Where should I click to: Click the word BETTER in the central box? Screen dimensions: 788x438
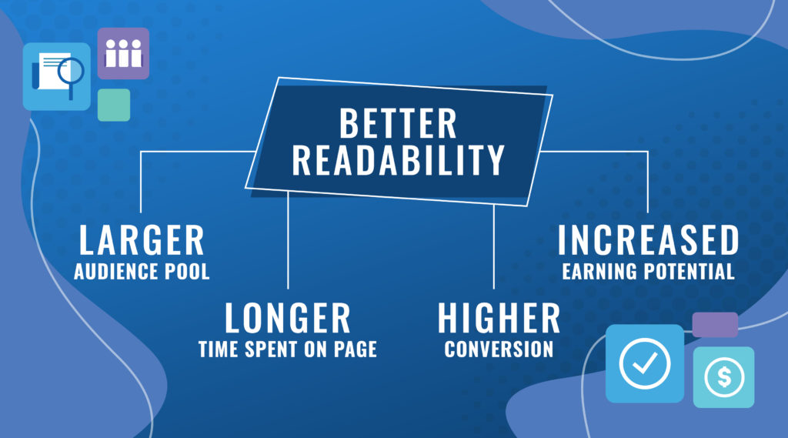[x=398, y=123]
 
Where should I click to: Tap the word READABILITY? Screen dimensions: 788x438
[x=398, y=160]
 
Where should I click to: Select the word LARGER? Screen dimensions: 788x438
[x=142, y=240]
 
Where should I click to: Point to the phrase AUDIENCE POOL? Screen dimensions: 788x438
[x=142, y=272]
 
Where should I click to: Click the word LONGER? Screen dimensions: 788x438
[x=288, y=318]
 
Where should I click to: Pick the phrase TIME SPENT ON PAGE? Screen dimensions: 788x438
[x=288, y=349]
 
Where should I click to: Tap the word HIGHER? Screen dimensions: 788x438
[x=499, y=318]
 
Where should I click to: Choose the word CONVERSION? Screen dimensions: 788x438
[x=499, y=349]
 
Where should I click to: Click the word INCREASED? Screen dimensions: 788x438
[x=648, y=240]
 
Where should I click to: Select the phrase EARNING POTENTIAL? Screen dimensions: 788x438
[x=648, y=272]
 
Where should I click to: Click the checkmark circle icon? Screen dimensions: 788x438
[x=644, y=363]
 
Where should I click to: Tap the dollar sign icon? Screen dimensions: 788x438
[x=723, y=376]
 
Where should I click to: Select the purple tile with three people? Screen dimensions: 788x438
[x=123, y=53]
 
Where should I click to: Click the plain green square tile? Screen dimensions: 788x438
[x=114, y=105]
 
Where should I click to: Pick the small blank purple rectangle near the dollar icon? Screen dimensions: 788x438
[x=715, y=325]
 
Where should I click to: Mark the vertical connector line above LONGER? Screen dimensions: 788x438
[x=288, y=240]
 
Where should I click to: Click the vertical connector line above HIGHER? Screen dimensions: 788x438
[x=494, y=246]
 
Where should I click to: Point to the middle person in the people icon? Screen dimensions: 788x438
[x=123, y=54]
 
